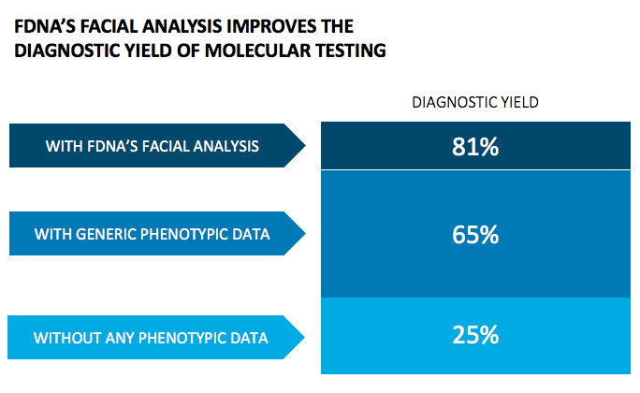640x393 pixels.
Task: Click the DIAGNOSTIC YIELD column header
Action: tap(475, 102)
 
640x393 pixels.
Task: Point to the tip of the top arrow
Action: tap(305, 145)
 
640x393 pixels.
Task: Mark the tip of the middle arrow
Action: tap(305, 233)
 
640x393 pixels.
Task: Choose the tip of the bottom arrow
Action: tap(305, 336)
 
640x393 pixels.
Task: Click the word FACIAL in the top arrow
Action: tap(168, 146)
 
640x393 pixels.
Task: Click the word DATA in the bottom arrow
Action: tap(251, 337)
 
